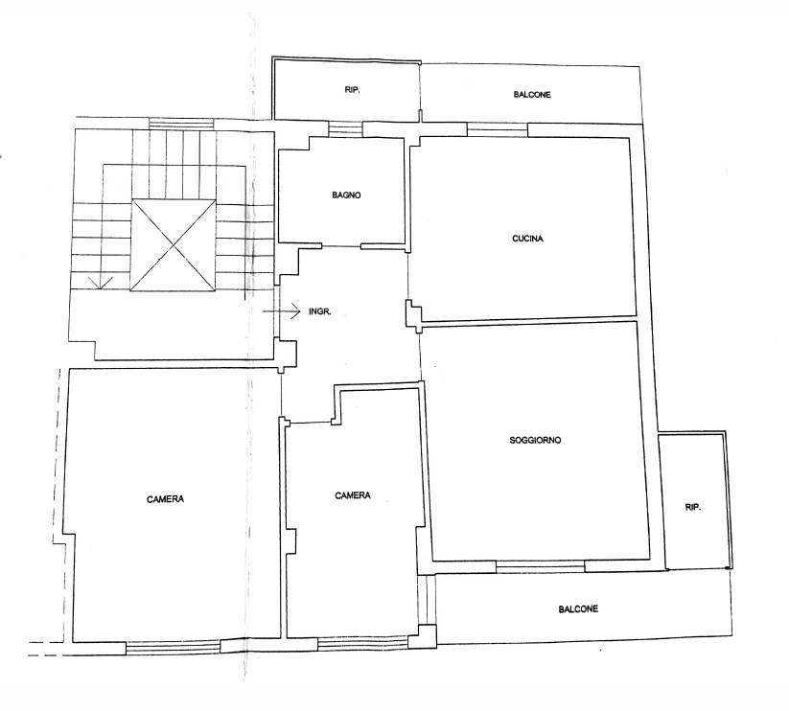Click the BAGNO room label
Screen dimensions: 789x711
(346, 195)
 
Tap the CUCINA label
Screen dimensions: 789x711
(527, 239)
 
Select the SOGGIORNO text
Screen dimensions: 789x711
(535, 440)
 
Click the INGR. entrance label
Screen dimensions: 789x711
(320, 311)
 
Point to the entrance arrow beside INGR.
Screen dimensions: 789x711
(281, 311)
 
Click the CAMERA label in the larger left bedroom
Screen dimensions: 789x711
(165, 499)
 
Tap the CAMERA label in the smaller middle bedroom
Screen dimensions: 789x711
(353, 495)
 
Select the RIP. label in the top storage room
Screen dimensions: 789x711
(352, 90)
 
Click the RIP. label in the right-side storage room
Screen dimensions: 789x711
(693, 508)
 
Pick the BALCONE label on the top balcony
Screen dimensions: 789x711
(532, 95)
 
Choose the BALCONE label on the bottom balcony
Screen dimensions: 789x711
(578, 609)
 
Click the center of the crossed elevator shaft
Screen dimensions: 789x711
(174, 245)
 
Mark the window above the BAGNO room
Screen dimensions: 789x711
(345, 128)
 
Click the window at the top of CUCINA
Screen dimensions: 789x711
(498, 129)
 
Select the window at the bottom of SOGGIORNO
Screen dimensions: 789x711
(541, 566)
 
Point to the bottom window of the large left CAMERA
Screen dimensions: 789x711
(174, 648)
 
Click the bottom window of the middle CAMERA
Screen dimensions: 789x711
(362, 644)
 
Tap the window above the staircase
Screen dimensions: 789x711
(181, 124)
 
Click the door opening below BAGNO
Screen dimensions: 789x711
(341, 246)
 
